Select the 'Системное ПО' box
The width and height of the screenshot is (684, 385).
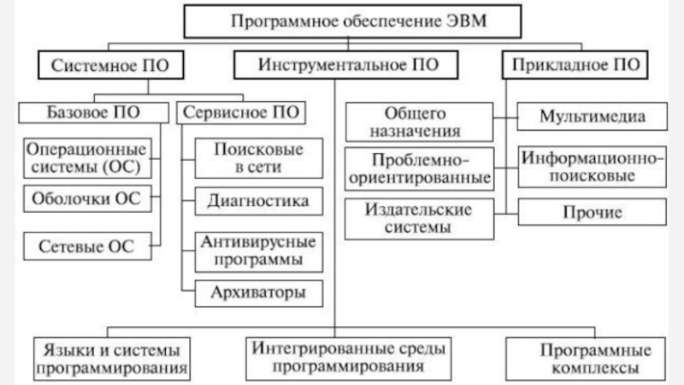pyautogui.click(x=103, y=63)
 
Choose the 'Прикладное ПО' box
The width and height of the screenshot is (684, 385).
pyautogui.click(x=573, y=63)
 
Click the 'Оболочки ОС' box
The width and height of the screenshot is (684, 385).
pyautogui.click(x=85, y=199)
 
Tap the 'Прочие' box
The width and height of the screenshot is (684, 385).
pyautogui.click(x=591, y=210)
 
